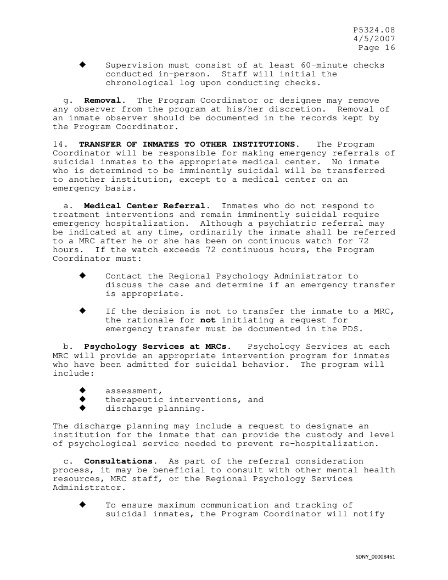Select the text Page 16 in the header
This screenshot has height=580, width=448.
376,48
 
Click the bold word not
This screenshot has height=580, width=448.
208,320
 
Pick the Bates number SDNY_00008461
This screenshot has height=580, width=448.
375,556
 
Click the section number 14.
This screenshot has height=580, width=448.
60,144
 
